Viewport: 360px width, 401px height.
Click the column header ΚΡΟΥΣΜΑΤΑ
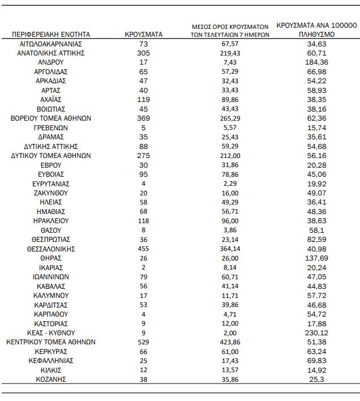point(143,35)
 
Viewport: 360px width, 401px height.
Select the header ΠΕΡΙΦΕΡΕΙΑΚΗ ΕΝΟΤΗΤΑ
point(50,35)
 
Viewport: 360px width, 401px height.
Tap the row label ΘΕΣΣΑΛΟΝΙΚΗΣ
point(50,249)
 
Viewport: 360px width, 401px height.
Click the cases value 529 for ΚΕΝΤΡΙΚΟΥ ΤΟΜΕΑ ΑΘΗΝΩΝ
point(143,342)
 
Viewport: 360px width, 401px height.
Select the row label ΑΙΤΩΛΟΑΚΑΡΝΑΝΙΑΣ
point(50,44)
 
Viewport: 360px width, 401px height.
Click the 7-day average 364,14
point(229,249)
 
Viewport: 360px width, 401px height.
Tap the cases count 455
point(143,249)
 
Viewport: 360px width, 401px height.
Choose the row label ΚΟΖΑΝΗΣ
point(50,379)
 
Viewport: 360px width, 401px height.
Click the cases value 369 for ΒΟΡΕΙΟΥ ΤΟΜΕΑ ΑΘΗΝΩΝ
point(143,118)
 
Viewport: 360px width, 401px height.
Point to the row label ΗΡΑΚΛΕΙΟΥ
point(50,220)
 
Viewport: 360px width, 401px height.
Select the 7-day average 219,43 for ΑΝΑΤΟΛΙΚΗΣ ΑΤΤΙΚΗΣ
point(229,53)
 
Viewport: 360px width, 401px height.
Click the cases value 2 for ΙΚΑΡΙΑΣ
point(143,267)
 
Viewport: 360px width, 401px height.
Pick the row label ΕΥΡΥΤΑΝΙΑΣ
point(50,184)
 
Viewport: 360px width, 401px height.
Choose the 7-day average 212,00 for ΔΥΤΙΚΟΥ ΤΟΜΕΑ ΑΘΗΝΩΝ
point(229,155)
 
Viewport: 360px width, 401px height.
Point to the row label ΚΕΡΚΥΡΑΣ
point(50,351)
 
